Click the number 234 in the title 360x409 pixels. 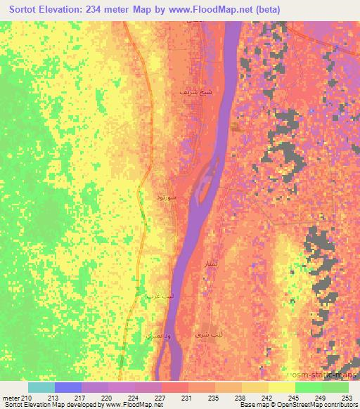coord(112,10)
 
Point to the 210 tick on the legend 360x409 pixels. coord(29,398)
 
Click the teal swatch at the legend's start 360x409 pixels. coord(41,387)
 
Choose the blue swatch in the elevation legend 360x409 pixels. coord(68,387)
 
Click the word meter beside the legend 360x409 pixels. coord(11,398)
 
